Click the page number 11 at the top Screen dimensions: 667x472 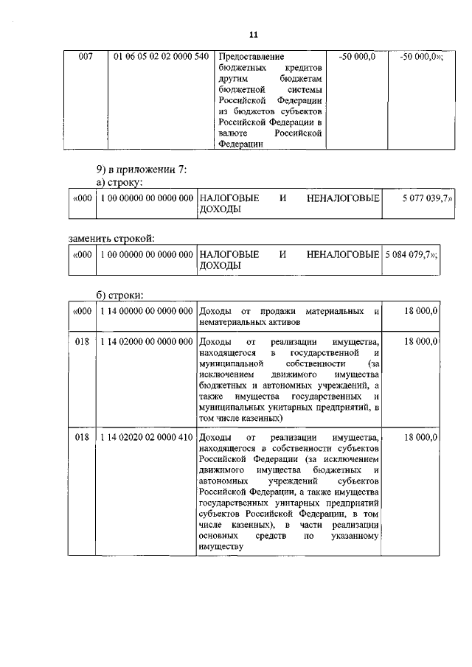tap(253, 35)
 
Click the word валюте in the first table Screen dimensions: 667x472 tap(232, 134)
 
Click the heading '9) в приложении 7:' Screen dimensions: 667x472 tap(138, 170)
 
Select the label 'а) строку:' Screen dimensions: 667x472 tap(119, 182)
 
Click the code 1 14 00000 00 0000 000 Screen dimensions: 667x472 tap(145, 312)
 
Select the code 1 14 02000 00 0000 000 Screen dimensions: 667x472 tap(145, 343)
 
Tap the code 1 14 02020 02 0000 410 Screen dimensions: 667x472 tap(145, 437)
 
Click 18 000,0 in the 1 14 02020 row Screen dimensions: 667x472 tap(421, 437)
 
